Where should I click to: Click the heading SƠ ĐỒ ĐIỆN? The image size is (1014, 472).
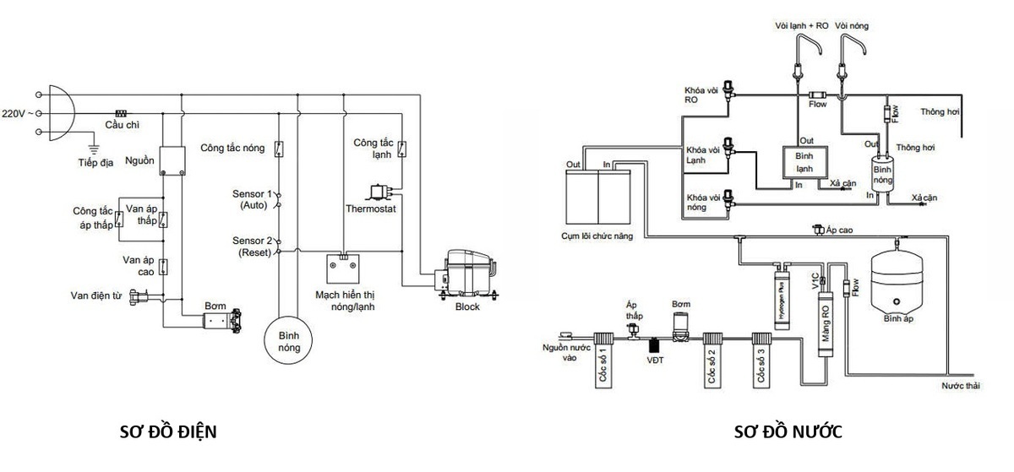pos(169,432)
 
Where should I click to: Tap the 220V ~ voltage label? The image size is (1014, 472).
pos(18,112)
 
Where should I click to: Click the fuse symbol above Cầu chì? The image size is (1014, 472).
pos(121,112)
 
